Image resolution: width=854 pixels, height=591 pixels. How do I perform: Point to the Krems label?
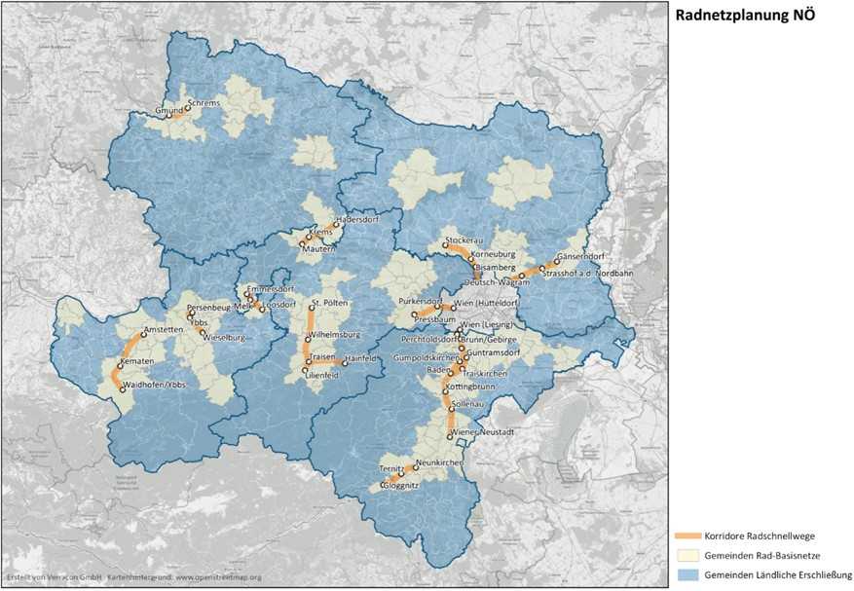click(323, 235)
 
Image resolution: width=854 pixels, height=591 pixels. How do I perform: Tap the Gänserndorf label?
click(581, 258)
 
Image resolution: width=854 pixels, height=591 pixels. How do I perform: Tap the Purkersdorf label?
click(421, 303)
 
